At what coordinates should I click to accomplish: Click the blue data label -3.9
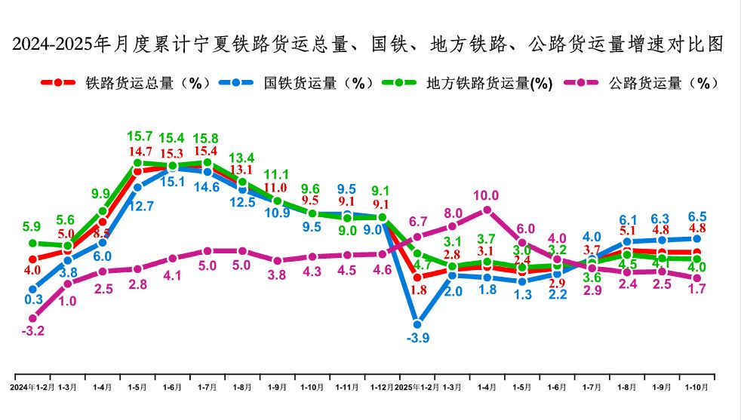(417, 339)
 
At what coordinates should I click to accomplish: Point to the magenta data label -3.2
(33, 330)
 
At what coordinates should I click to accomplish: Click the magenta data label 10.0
(486, 196)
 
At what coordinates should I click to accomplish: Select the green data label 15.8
(207, 138)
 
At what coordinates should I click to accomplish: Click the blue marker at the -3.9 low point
(417, 323)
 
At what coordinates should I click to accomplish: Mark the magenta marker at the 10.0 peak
(487, 210)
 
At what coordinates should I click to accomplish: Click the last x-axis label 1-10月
(696, 387)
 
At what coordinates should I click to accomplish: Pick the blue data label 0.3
(33, 299)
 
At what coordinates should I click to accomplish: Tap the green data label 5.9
(32, 225)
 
